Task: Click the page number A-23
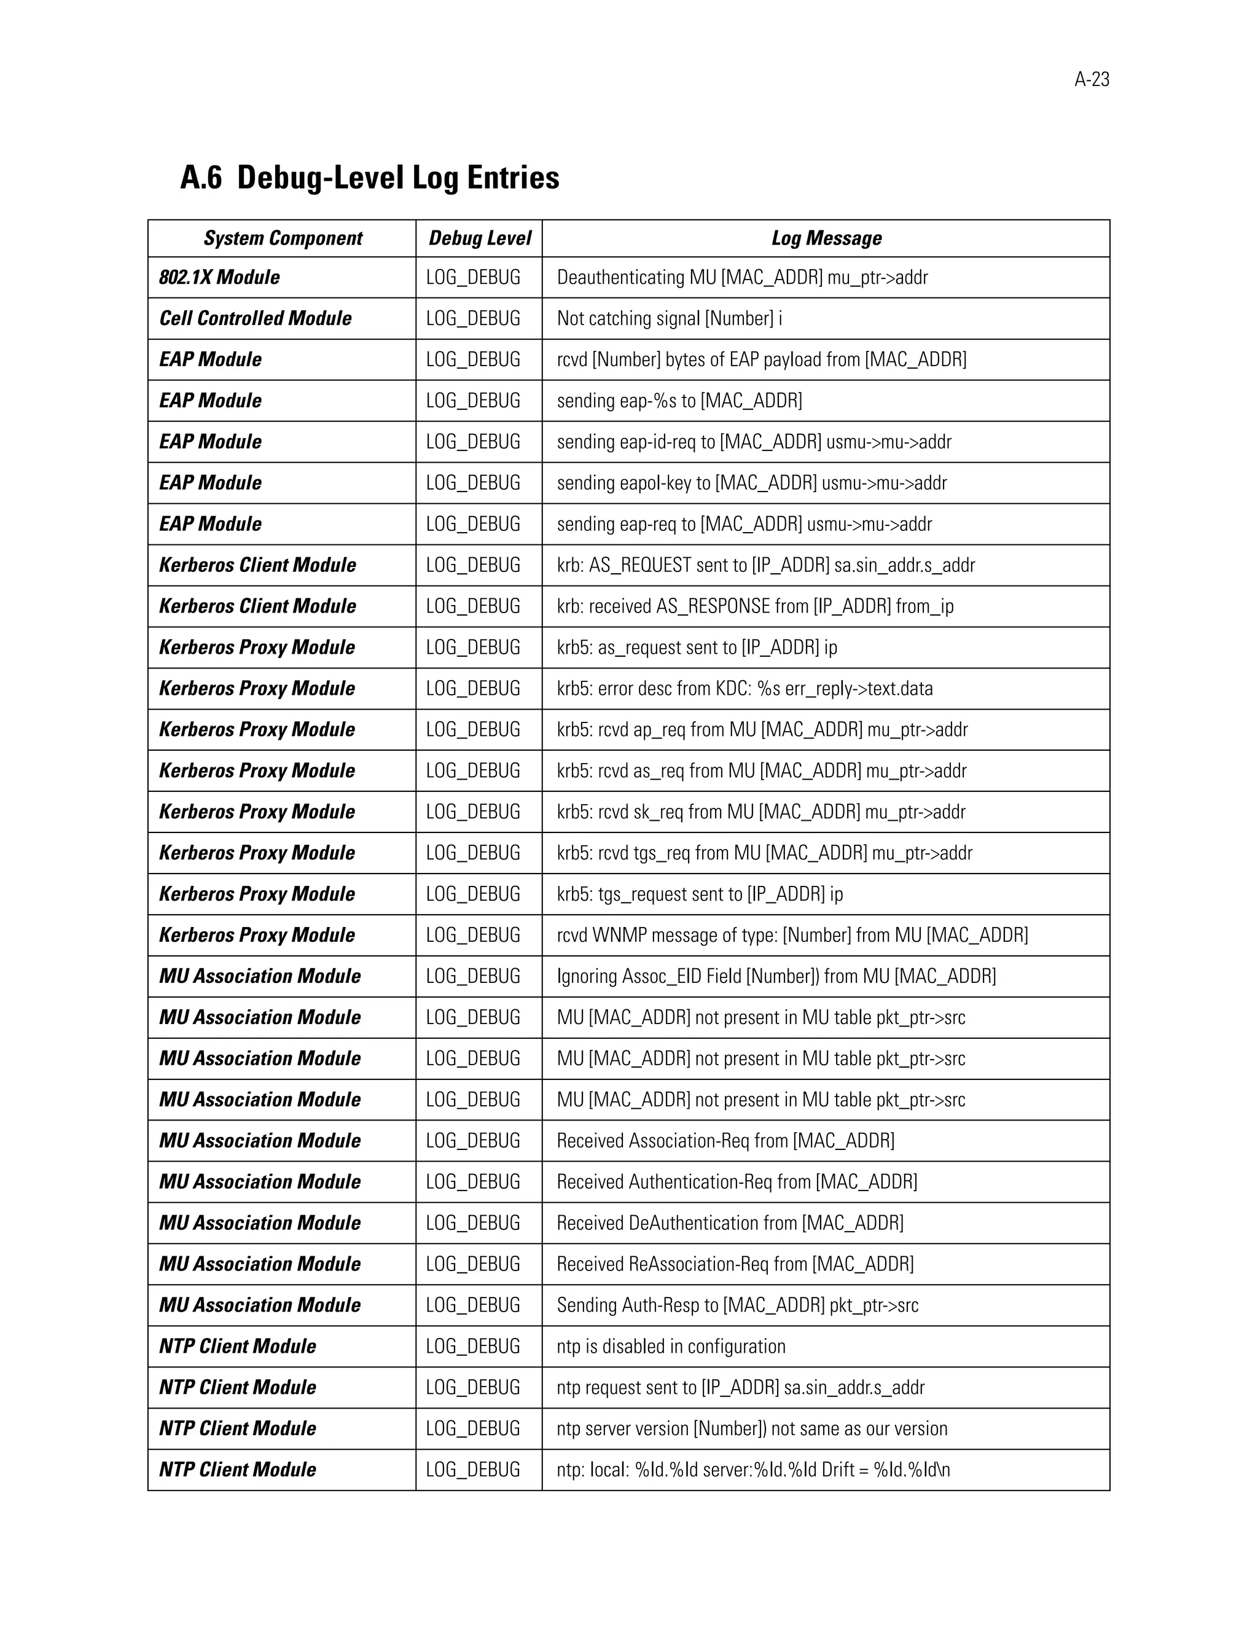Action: tap(1091, 80)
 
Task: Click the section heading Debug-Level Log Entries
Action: tap(398, 178)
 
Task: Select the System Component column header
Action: tap(283, 238)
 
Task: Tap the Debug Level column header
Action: tap(479, 238)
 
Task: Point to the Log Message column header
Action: tap(826, 238)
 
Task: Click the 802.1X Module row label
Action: tap(219, 277)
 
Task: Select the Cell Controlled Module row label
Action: tap(255, 318)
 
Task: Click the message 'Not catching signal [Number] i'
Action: tap(670, 318)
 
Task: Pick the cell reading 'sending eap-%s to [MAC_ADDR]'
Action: tap(679, 401)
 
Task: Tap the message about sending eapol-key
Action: tap(751, 483)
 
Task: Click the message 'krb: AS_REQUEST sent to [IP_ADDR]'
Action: tap(765, 565)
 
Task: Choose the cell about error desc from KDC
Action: tap(744, 688)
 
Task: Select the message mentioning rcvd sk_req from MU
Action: tap(760, 812)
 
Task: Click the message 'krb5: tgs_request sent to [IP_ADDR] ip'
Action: tap(699, 894)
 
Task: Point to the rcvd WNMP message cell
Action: tap(791, 935)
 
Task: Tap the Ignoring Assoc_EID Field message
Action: tap(776, 976)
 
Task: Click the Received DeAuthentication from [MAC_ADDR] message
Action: tap(730, 1223)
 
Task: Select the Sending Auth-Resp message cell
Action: tap(737, 1304)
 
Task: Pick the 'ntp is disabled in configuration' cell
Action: tap(671, 1346)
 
